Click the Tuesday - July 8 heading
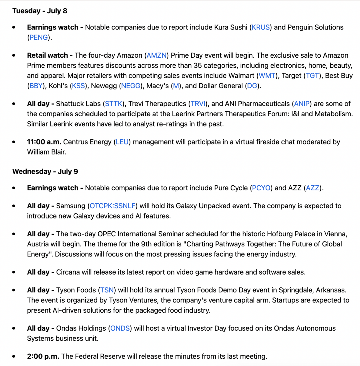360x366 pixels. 40,11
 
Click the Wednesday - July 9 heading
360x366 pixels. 45,171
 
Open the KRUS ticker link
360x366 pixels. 261,27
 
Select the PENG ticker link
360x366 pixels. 38,37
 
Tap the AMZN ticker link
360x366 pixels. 157,55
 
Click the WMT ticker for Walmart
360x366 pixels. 267,76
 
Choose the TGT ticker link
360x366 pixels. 312,76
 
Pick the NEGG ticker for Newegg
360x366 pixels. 131,86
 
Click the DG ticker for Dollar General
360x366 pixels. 252,86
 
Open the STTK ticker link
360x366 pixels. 114,104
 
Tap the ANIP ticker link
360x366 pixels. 302,104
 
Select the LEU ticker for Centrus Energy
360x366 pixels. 122,142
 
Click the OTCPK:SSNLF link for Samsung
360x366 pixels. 113,206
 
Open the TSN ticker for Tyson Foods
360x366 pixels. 107,290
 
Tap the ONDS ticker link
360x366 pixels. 120,328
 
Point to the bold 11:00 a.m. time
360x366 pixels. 44,142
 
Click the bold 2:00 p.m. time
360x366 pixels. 43,357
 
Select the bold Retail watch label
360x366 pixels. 50,55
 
